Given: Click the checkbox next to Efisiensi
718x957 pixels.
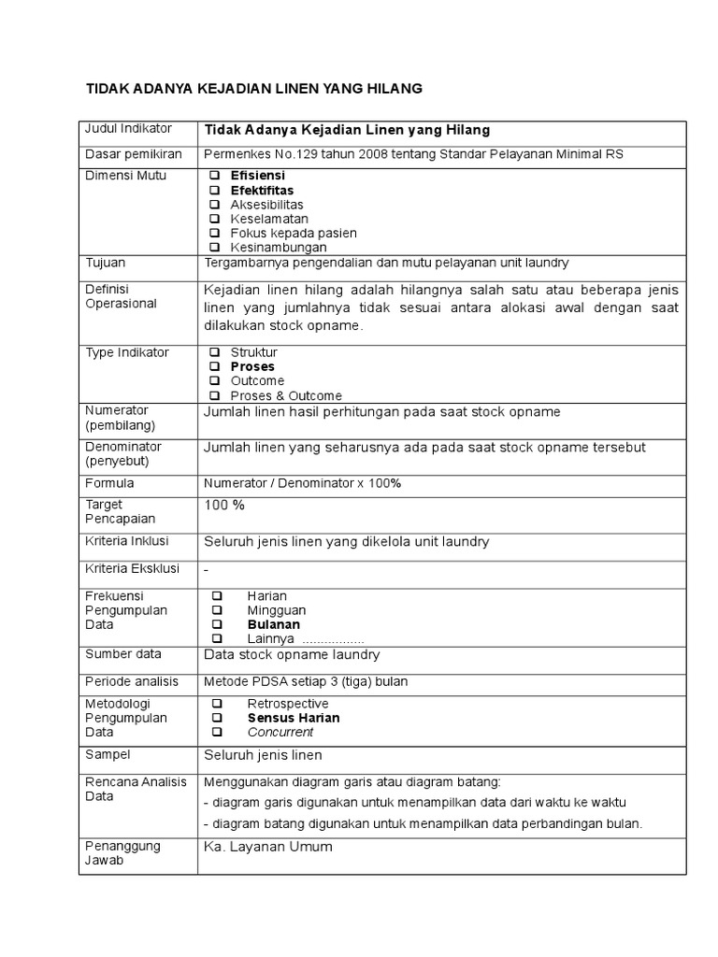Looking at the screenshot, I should [214, 176].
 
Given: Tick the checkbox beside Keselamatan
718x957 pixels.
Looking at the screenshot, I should [214, 219].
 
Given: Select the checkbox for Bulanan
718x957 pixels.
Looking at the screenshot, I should [216, 624].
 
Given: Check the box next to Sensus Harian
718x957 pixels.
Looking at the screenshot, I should [216, 718].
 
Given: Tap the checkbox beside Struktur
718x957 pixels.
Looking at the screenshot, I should [214, 352].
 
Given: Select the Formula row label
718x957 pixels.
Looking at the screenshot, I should [109, 483].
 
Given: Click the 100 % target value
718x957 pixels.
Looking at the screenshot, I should [224, 505].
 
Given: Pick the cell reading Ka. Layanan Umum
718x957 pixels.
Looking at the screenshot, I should [267, 847].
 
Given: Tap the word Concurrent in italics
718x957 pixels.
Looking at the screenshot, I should [280, 733].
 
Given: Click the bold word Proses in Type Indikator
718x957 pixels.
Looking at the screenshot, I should [252, 367].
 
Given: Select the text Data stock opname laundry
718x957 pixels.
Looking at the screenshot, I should [292, 655].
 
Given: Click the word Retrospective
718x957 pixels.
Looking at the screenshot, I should [287, 704].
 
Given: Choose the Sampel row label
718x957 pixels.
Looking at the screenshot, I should [108, 753].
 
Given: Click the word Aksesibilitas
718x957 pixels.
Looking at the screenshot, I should [266, 205].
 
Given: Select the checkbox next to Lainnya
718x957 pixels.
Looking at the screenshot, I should [216, 638].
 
